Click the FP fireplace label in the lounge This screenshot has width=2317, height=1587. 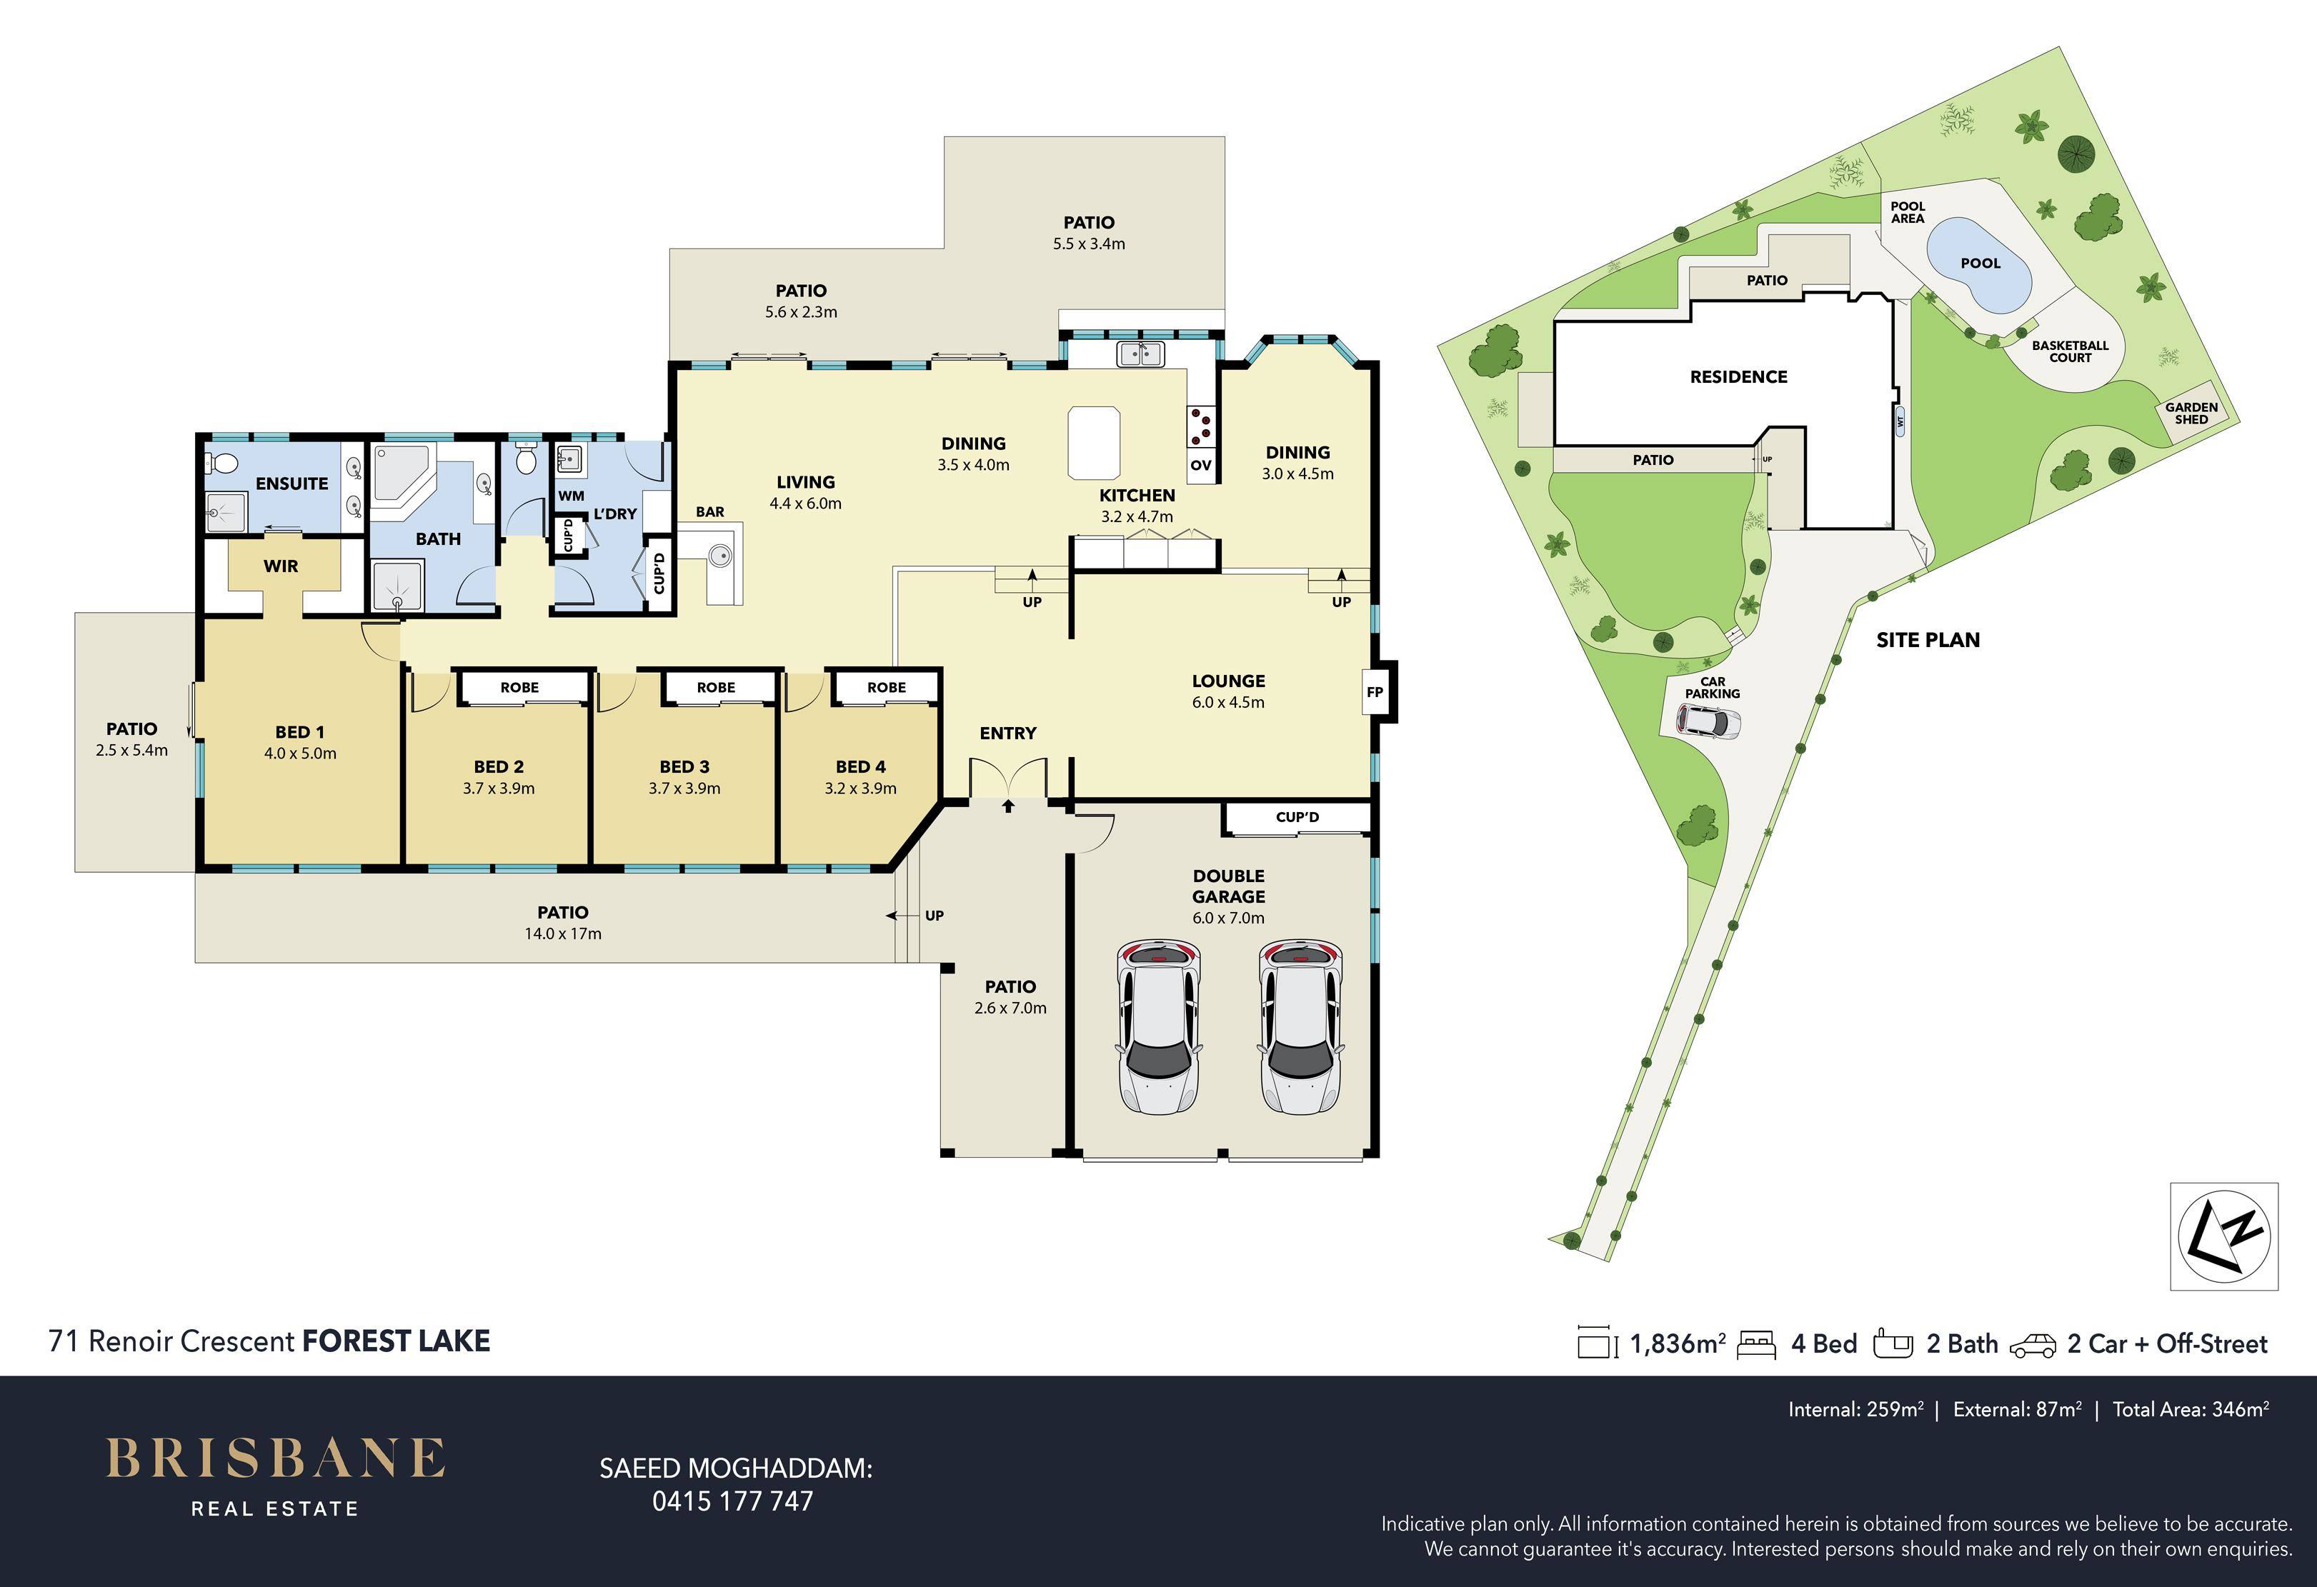click(1375, 692)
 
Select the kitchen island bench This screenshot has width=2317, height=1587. click(1094, 443)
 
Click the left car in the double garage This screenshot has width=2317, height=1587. click(1157, 1026)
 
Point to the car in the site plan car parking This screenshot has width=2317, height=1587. click(1709, 721)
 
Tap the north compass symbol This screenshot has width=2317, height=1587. click(2224, 1236)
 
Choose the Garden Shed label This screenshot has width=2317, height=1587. click(2191, 413)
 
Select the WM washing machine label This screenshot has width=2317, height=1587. click(572, 496)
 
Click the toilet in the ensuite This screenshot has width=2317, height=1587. click(221, 464)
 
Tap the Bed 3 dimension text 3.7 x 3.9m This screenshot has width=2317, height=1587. click(684, 789)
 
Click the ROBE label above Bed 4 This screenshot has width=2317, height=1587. click(887, 687)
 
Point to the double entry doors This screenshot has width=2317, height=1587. click(1008, 778)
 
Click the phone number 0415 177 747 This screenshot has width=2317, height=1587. click(733, 1501)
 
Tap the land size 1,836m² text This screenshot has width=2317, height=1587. click(1677, 1343)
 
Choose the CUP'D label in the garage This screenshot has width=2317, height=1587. click(1297, 817)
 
